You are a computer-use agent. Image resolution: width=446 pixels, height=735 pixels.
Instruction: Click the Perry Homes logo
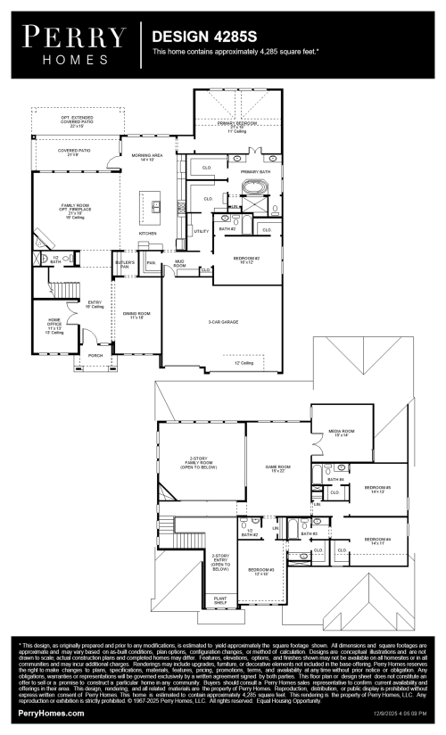(x=74, y=42)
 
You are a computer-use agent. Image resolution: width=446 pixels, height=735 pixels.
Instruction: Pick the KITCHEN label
(x=147, y=234)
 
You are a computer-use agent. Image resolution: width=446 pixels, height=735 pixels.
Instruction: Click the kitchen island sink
(x=155, y=206)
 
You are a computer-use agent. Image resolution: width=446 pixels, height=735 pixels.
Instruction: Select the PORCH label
(x=95, y=355)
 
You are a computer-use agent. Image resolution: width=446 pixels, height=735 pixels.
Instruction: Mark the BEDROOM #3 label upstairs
(x=260, y=570)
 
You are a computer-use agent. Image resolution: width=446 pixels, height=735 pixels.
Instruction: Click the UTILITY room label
(x=201, y=231)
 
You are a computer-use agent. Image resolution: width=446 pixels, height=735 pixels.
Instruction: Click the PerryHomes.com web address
(x=52, y=714)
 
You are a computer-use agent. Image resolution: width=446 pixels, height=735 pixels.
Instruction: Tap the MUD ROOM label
(x=179, y=264)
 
